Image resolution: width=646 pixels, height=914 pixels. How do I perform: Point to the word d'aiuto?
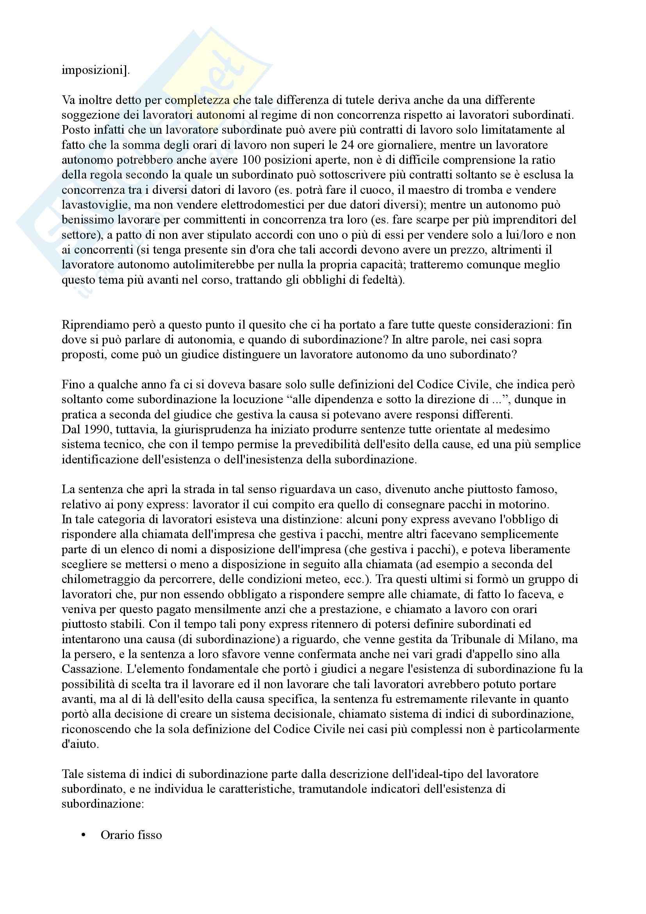80,744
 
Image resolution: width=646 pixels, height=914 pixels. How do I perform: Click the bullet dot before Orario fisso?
84,835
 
